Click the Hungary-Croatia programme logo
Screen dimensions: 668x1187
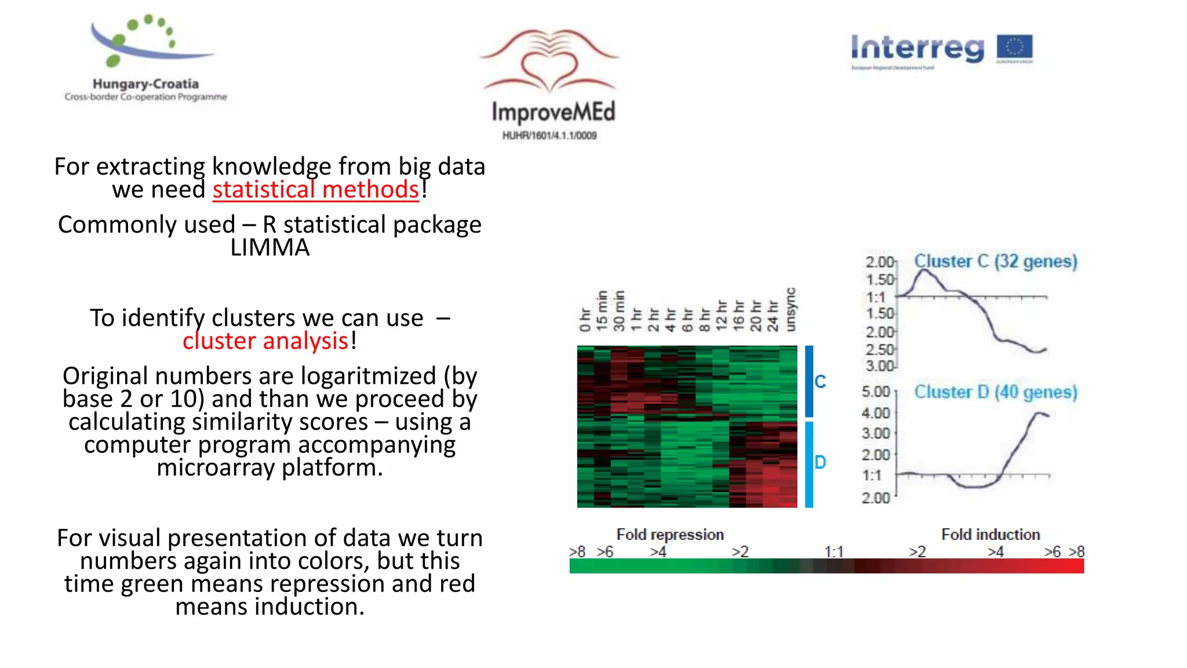coord(145,58)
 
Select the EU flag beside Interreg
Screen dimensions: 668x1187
coord(1014,49)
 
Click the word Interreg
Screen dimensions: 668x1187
coord(917,49)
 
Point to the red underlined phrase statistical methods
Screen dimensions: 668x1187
coord(315,190)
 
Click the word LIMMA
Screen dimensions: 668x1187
coord(270,248)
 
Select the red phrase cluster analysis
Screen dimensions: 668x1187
coord(265,341)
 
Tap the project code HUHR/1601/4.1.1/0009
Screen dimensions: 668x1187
coord(549,136)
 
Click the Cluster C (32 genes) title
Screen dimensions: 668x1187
coord(995,262)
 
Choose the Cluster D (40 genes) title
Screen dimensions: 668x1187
coord(995,393)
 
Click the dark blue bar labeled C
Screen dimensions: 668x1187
coord(809,381)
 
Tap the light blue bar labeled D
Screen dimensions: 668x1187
coord(809,464)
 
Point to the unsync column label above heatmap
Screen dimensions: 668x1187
coord(791,310)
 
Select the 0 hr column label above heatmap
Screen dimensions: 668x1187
coord(585,320)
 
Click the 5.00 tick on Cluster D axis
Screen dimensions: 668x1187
coord(875,392)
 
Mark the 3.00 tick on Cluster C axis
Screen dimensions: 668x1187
coord(879,366)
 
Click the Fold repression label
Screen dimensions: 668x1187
coord(670,535)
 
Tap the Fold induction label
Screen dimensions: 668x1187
coord(990,535)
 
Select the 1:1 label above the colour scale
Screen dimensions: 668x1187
coord(833,551)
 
